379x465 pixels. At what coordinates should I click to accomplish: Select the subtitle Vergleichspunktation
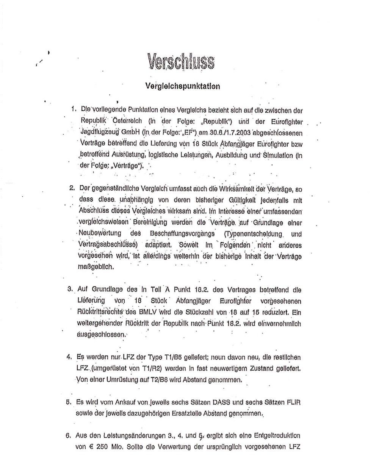(182, 86)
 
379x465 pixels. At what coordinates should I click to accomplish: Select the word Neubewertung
(98, 233)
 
